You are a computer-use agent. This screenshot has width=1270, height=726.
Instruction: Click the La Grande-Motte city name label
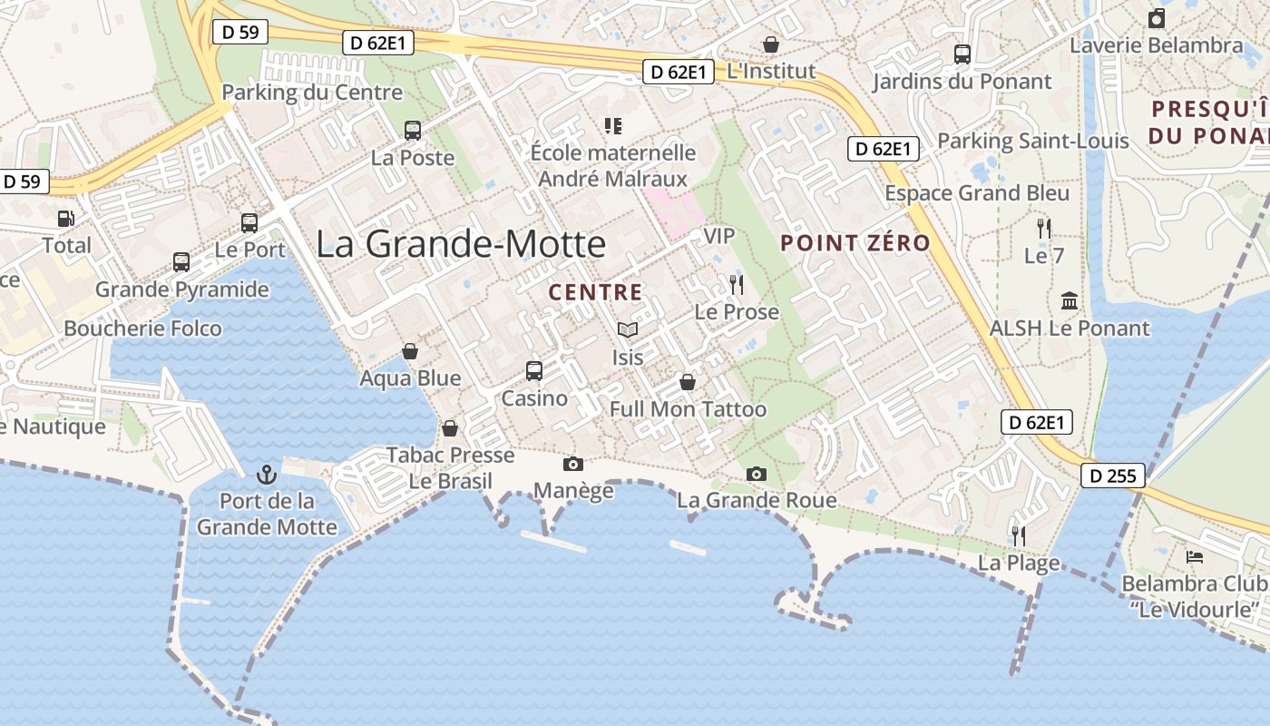click(461, 244)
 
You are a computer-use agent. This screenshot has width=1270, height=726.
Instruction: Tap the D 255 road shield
click(1113, 476)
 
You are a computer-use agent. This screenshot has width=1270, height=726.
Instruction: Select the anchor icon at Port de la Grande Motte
click(267, 474)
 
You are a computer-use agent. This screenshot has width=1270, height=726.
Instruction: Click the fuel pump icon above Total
click(65, 219)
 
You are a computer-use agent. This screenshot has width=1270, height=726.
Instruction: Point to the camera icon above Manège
click(572, 465)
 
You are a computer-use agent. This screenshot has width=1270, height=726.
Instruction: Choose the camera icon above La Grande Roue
click(756, 474)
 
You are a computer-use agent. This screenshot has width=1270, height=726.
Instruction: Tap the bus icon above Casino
click(534, 371)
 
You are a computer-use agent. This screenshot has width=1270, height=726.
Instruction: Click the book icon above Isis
click(627, 330)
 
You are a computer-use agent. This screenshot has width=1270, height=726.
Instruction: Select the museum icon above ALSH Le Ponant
click(1070, 301)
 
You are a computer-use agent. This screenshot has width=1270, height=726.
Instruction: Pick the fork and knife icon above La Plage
click(1018, 536)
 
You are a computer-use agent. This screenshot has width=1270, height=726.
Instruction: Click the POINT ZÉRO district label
click(855, 243)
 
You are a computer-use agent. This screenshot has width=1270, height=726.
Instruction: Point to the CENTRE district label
click(595, 292)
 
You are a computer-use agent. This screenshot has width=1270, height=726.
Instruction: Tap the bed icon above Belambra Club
click(1194, 556)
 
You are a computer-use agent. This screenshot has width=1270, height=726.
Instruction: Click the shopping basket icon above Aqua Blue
click(410, 351)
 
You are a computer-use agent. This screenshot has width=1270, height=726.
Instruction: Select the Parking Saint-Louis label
click(1032, 141)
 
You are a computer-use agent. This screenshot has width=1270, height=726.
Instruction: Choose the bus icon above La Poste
click(413, 131)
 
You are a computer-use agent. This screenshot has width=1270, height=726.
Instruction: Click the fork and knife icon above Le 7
click(1044, 229)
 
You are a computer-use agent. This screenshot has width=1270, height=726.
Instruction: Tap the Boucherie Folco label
click(142, 329)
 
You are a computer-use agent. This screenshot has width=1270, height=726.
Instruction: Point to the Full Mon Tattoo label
click(688, 409)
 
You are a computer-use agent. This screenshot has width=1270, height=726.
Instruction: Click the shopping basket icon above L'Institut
click(771, 44)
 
